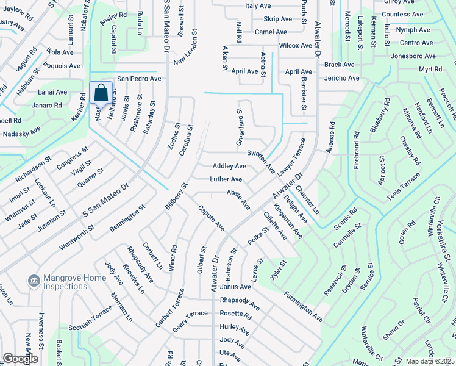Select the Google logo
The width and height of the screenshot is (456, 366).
20,359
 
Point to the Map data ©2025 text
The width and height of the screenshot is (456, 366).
430,361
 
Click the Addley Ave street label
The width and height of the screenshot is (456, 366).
229,166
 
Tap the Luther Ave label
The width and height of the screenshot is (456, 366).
226,179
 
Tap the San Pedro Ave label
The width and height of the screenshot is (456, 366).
139,79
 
